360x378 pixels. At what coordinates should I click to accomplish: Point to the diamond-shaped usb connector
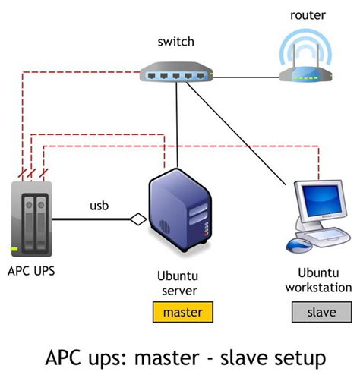point(137,220)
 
